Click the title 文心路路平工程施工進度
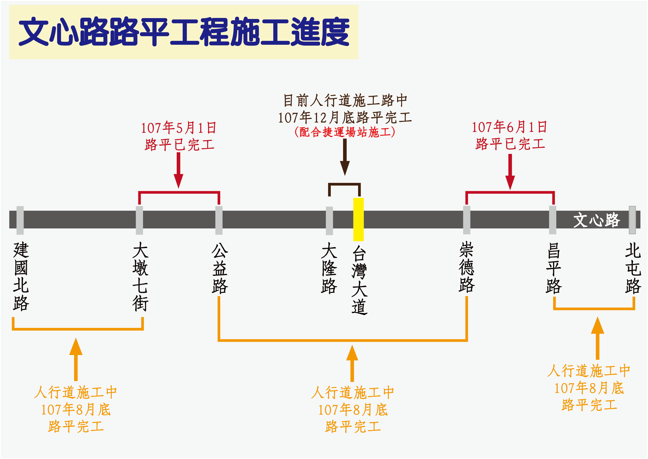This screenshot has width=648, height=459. pos(184,32)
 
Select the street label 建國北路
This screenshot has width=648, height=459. pos(21,276)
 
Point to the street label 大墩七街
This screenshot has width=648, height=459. pos(140,276)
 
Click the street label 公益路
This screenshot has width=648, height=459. pos(220,268)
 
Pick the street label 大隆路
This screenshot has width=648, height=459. pos(329,268)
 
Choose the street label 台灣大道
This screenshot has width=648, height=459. pos(359,280)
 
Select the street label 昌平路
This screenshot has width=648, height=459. pos(554,268)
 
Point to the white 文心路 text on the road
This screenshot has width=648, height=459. pos(597,220)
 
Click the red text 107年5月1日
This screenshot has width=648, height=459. pos(179,128)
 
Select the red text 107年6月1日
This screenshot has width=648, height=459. pos(509,127)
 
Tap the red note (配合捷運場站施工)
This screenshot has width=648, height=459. pos(345,132)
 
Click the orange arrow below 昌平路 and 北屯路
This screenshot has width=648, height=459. pos(597,338)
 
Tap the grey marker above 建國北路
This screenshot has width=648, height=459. pos(20,220)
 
